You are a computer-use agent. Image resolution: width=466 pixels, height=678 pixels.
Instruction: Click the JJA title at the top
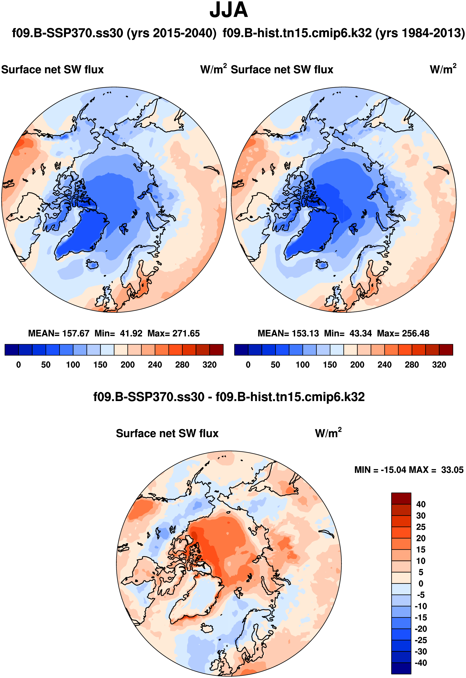click(x=229, y=10)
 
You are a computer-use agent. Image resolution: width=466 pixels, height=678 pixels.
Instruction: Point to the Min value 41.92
click(x=131, y=333)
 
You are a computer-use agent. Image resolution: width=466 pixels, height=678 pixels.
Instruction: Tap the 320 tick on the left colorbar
click(x=209, y=365)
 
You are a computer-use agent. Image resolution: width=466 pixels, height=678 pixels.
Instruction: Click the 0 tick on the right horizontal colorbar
click(x=248, y=365)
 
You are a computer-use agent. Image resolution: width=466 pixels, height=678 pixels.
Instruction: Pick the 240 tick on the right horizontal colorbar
click(x=384, y=365)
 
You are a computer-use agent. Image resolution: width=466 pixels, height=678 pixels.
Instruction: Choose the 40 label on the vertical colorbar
click(x=421, y=504)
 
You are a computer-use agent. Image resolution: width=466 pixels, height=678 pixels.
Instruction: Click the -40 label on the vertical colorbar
click(x=421, y=663)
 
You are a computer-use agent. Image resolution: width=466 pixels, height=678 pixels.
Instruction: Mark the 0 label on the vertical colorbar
click(x=421, y=584)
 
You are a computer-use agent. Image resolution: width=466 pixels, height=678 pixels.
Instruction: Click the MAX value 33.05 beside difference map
click(x=452, y=470)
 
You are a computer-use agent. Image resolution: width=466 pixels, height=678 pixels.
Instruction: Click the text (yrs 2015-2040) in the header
click(x=172, y=33)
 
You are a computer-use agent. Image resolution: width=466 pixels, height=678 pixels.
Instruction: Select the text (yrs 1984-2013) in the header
click(x=420, y=33)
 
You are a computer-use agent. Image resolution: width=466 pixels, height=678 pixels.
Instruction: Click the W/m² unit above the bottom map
click(x=328, y=433)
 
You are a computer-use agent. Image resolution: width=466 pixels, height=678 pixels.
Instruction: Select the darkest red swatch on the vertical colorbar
click(x=401, y=498)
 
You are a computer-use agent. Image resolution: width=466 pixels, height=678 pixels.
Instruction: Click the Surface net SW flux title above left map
click(x=53, y=70)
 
